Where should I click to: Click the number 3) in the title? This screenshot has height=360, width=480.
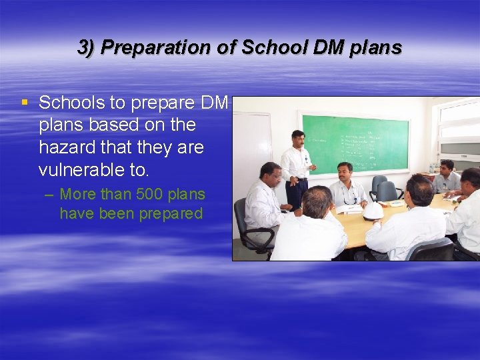87,48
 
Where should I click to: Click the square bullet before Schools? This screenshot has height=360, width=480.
25,103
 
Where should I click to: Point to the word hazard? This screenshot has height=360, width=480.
69,147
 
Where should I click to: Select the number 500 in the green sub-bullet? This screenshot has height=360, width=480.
151,195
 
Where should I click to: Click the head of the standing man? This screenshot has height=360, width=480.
298,139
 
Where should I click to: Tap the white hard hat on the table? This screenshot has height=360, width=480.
372,211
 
